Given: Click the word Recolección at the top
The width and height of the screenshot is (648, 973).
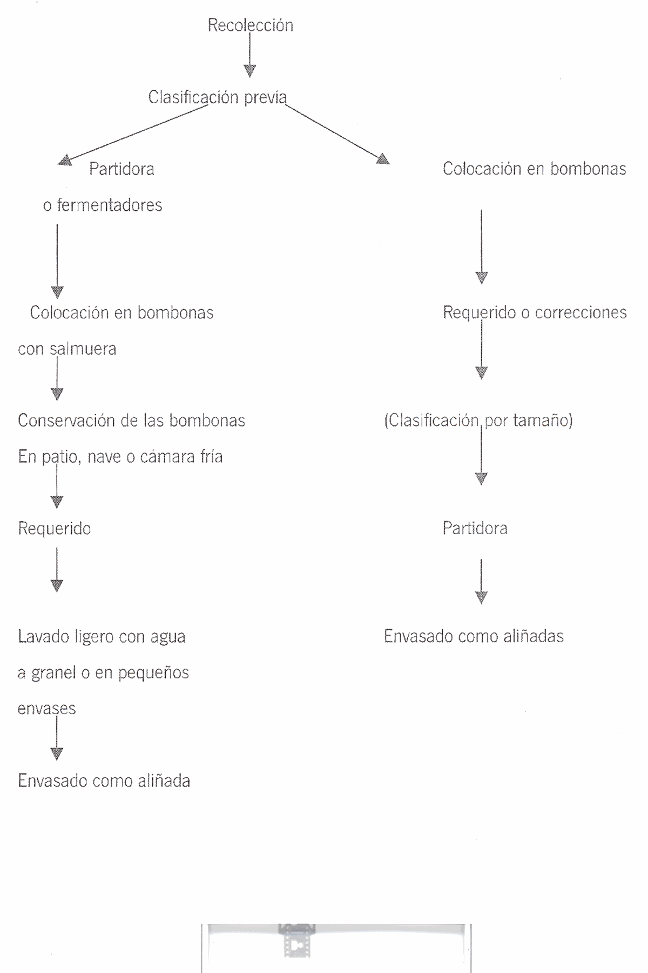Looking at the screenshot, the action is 251,25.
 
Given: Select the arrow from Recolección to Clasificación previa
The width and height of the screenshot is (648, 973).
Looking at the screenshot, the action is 249,56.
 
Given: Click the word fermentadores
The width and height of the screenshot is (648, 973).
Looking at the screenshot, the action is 110,205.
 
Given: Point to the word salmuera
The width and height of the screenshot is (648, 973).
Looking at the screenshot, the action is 83,349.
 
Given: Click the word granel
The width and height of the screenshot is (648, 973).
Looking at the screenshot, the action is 54,673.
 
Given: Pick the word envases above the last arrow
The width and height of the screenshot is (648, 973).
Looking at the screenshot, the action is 46,709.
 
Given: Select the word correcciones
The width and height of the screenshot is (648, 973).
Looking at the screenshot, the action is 581,312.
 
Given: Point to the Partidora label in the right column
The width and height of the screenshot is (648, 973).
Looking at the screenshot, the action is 475,528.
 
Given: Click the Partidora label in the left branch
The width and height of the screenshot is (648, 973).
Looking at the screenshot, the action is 122,169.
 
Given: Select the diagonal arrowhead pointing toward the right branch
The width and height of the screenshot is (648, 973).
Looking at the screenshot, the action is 383,158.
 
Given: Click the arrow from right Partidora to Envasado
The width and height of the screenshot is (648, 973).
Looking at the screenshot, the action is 481,581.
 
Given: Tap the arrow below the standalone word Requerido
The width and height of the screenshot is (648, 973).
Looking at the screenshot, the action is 57,570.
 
